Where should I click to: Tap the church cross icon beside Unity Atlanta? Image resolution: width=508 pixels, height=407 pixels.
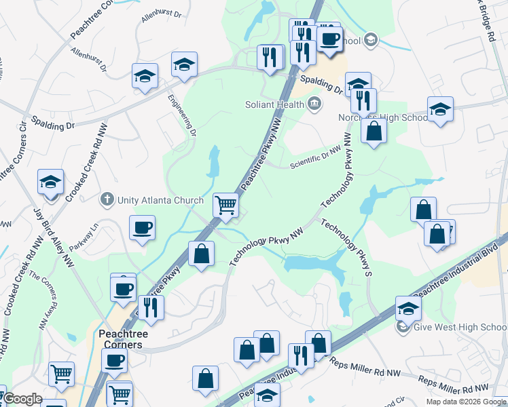pos(106,200)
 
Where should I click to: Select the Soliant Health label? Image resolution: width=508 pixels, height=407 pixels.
pos(275,104)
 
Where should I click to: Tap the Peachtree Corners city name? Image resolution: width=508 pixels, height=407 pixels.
pos(120,339)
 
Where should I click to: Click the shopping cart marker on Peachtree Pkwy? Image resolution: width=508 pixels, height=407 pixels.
pos(225,204)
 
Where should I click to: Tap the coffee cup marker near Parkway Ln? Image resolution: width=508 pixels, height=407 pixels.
pos(142,228)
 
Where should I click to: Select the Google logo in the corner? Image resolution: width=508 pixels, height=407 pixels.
pos(22,399)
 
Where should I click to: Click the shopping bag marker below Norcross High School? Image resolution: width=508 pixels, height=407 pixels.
pos(374,130)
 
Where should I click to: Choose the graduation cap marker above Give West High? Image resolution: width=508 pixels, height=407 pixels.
pos(408,307)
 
